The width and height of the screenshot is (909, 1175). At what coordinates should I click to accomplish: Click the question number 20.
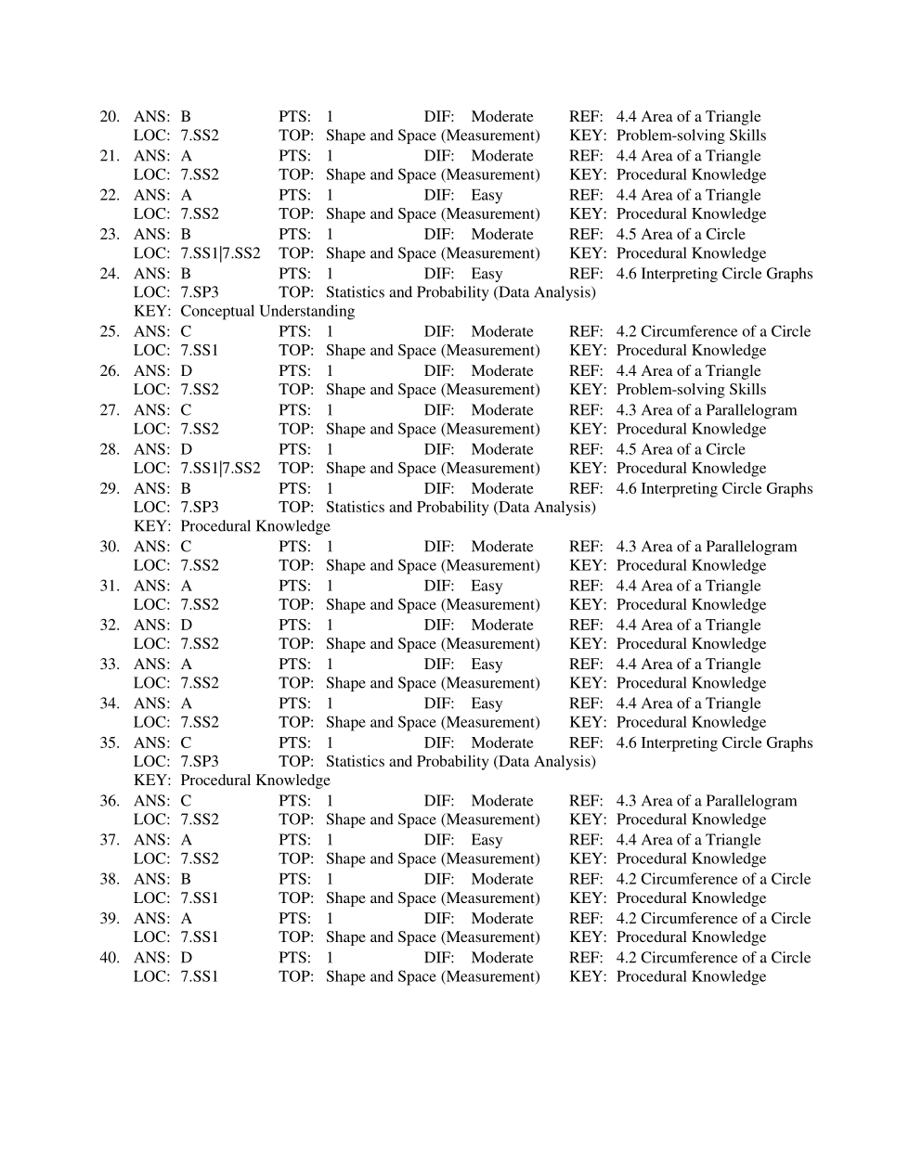(110, 117)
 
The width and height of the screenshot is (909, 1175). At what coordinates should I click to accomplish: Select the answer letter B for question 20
(186, 117)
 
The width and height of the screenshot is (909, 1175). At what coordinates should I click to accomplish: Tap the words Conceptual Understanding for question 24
(267, 311)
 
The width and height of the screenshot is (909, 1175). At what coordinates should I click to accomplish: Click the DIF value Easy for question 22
(487, 195)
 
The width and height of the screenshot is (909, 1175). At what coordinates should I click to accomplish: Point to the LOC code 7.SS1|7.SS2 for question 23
(220, 253)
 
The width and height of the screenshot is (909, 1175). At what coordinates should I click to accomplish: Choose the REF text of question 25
(713, 331)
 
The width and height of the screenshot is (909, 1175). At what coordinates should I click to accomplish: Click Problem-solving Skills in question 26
(691, 390)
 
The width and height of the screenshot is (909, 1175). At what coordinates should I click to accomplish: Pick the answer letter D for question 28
(187, 449)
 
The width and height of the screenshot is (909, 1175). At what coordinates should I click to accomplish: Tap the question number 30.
(110, 547)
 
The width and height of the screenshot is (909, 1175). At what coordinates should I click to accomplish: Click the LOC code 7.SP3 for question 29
(200, 507)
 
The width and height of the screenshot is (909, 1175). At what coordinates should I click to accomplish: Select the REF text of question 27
(707, 410)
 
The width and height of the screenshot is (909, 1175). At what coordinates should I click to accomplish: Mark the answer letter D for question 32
(187, 626)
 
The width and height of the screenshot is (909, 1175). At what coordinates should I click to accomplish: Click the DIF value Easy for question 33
(487, 665)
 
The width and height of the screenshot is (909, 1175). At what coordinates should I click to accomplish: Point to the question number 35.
(110, 742)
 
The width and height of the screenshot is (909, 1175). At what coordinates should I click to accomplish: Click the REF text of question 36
(707, 801)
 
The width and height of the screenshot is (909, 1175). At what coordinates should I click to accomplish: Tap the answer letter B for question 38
(186, 879)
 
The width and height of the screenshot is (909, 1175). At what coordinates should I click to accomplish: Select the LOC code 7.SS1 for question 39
(200, 937)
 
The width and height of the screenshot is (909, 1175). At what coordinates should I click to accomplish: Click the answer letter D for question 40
(187, 958)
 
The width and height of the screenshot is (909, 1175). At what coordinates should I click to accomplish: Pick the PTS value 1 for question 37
(330, 840)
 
